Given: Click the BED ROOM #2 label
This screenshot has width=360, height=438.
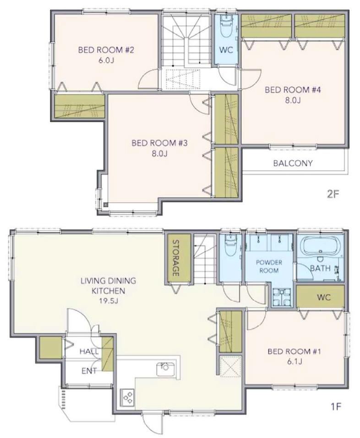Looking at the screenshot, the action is click(x=106, y=50).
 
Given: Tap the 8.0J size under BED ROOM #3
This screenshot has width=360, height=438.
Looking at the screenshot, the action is click(x=159, y=153).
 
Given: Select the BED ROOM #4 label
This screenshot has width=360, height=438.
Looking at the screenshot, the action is click(x=293, y=90).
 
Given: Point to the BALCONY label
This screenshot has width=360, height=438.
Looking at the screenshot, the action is click(x=293, y=163).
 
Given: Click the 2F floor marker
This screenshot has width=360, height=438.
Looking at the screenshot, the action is click(x=333, y=194).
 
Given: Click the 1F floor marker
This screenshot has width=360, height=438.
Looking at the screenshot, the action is click(x=336, y=407).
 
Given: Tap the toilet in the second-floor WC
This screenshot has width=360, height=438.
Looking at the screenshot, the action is click(x=226, y=26).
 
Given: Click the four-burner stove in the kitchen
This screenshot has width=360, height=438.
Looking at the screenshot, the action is click(x=128, y=397).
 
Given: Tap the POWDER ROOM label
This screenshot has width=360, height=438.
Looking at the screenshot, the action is click(x=269, y=266).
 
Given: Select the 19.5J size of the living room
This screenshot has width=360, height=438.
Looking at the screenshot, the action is click(x=109, y=301).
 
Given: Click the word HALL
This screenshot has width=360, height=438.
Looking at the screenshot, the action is click(x=89, y=351).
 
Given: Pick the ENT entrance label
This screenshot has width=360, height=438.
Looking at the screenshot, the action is click(x=89, y=371).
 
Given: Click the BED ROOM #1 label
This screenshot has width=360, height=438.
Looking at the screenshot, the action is click(x=294, y=351).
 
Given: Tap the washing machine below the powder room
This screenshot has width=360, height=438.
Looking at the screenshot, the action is click(x=282, y=297).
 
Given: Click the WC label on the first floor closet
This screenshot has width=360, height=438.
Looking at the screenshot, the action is click(x=324, y=297).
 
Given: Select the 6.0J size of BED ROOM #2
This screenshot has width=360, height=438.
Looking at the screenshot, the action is click(x=106, y=60).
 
